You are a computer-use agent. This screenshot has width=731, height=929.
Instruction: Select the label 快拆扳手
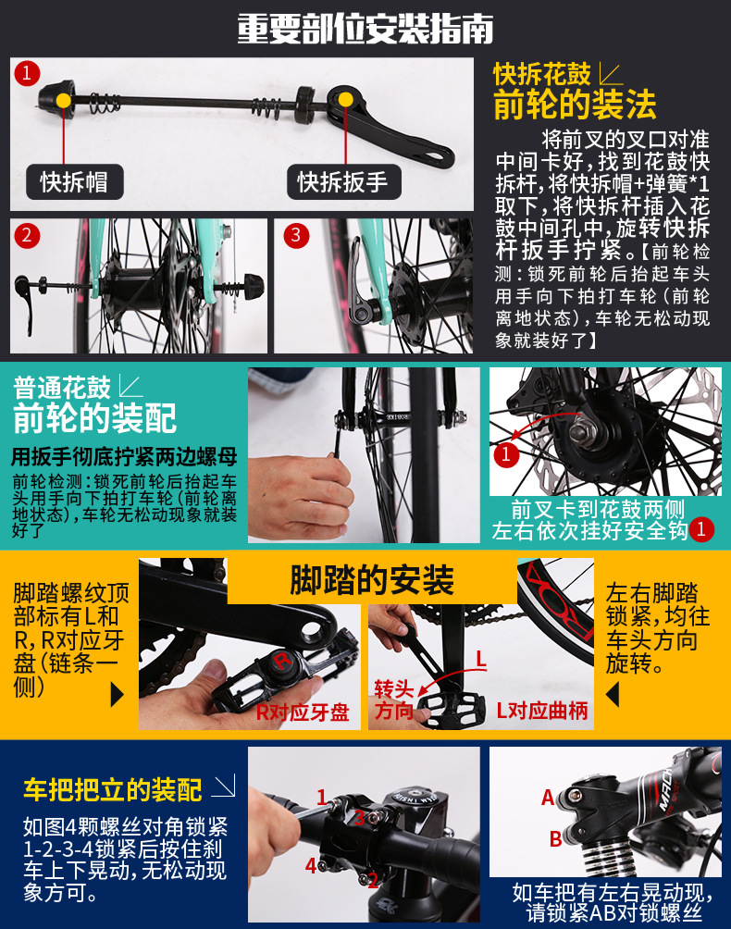click(342, 182)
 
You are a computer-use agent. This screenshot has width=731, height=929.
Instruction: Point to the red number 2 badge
click(27, 235)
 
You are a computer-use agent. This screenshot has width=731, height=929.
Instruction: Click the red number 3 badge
click(295, 235)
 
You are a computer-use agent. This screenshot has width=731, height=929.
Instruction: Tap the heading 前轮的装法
click(575, 104)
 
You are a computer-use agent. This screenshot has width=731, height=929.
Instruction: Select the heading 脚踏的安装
click(372, 581)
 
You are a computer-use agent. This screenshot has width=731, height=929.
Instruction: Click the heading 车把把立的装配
click(112, 789)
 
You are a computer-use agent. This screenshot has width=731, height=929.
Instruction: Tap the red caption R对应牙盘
click(302, 712)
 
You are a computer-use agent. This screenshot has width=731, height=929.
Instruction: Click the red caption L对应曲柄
click(542, 712)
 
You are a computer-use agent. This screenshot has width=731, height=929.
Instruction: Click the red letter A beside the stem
click(548, 798)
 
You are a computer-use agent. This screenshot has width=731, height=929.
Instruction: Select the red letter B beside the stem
click(555, 839)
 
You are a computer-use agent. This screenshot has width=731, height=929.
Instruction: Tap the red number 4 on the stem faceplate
click(312, 866)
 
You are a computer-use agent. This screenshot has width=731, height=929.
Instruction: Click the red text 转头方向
click(393, 700)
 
